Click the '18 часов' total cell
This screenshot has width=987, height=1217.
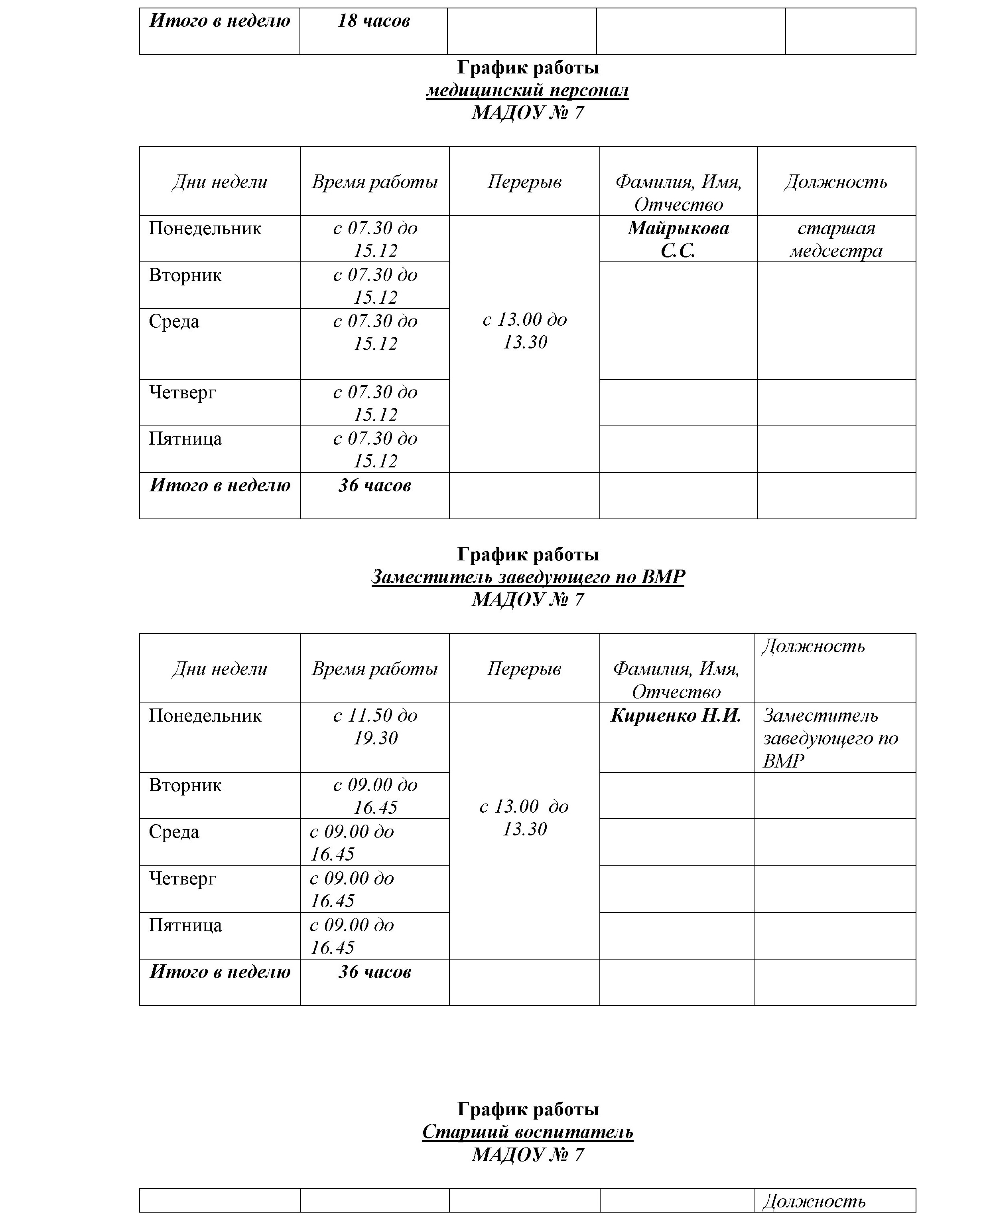[x=374, y=22]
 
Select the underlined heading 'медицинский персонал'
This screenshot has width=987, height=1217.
[x=527, y=91]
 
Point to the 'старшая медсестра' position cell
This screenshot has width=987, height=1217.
[x=836, y=239]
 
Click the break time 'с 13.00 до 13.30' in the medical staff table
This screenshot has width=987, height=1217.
[x=524, y=330]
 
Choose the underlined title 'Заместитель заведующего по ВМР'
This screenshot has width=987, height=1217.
[x=528, y=577]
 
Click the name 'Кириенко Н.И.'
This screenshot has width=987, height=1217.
[x=676, y=715]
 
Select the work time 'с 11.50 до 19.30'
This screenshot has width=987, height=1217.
[x=375, y=726]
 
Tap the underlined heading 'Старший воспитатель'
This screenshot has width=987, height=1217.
[x=527, y=1132]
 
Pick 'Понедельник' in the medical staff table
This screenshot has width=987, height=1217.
[x=205, y=229]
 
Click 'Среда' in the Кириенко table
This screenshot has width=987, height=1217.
[x=174, y=832]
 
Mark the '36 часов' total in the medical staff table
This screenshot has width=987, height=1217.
[x=375, y=485]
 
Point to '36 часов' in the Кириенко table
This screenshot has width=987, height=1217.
[x=375, y=972]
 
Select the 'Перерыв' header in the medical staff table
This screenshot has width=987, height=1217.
[x=524, y=182]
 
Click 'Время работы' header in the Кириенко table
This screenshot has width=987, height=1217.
[x=375, y=669]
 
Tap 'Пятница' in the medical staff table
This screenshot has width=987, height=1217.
[x=185, y=439]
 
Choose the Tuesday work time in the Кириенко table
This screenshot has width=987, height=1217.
[x=375, y=796]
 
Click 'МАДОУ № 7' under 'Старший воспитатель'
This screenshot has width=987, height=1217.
[x=527, y=1154]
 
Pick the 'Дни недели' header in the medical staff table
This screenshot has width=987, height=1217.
[x=219, y=182]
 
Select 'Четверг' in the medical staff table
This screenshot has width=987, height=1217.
[x=183, y=392]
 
